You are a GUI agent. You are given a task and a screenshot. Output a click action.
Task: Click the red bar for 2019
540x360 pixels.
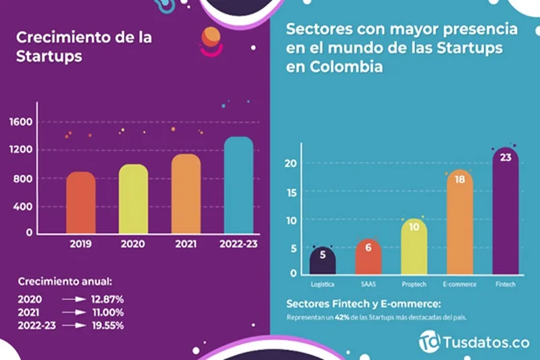coord(80,203)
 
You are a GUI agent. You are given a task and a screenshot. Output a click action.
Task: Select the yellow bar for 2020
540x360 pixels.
coord(134,199)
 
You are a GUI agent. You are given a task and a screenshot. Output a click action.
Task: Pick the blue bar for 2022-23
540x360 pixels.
coord(238,185)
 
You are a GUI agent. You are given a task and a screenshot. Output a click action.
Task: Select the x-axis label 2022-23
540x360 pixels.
coord(238,245)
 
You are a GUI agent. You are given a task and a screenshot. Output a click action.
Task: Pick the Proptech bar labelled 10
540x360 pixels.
coord(414,246)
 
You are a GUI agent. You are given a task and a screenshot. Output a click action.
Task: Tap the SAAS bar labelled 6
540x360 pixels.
coord(369,257)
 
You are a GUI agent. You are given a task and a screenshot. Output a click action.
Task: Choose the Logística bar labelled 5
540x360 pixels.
coord(323,260)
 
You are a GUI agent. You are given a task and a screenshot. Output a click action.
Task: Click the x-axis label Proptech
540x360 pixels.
coord(414,284)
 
